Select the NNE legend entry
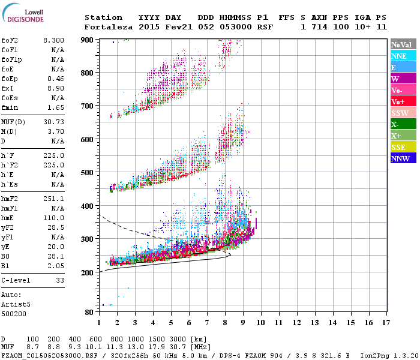tap(403, 56)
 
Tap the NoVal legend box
tap(403, 44)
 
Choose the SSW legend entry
tap(403, 113)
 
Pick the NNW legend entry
tap(403, 158)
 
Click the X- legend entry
tap(403, 124)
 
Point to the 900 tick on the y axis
tap(88, 40)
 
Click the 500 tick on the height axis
tap(88, 173)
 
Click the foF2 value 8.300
tap(53, 40)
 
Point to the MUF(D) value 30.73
tap(53, 122)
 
